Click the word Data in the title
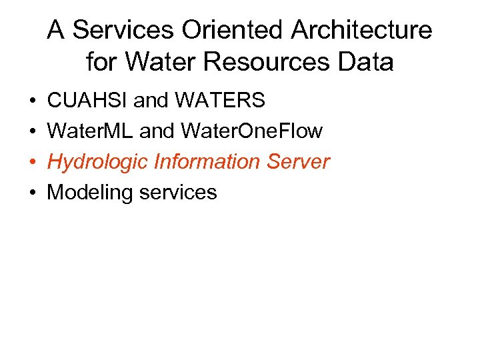click(367, 62)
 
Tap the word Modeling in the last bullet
click(88, 193)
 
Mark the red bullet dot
click(33, 163)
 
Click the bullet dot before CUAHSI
click(33, 101)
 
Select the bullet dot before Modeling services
click(33, 193)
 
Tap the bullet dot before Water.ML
click(33, 132)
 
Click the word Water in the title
click(155, 62)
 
